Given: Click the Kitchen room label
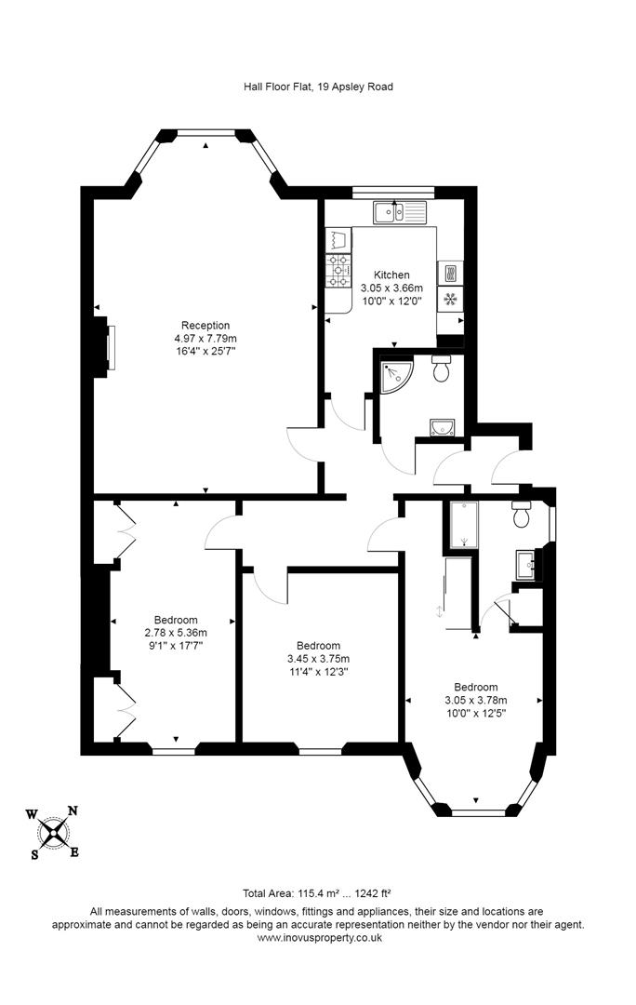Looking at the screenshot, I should tap(391, 275).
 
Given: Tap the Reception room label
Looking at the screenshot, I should tap(205, 325).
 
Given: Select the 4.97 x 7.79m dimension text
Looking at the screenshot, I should tap(205, 338).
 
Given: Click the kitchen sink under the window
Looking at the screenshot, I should tap(399, 213).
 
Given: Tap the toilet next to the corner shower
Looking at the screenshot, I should tap(444, 369).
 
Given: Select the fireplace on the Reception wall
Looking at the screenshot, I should tap(109, 346).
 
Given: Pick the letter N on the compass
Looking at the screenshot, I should tap(73, 810).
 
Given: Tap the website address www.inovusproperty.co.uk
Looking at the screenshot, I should tap(317, 938).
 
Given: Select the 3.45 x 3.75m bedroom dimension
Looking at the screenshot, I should tap(317, 659).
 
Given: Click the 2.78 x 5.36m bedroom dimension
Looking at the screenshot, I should tap(175, 633).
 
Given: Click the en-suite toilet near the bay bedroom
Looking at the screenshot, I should tap(522, 513).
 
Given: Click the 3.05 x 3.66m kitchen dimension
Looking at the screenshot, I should tap(391, 288).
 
